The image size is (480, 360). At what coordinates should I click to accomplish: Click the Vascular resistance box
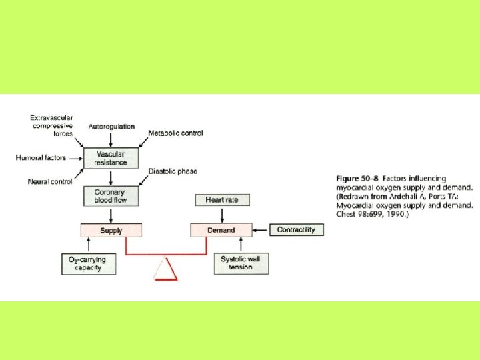pyautogui.click(x=111, y=157)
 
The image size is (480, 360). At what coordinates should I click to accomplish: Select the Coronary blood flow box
pyautogui.click(x=111, y=195)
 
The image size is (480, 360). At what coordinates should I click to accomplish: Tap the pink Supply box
pyautogui.click(x=111, y=230)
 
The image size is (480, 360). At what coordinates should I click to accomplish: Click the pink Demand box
pyautogui.click(x=221, y=230)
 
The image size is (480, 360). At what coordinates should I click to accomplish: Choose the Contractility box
pyautogui.click(x=296, y=229)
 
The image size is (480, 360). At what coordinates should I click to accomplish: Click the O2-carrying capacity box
pyautogui.click(x=88, y=263)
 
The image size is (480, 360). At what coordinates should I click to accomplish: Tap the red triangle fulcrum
pyautogui.click(x=165, y=269)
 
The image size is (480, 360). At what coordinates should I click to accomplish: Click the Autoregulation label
pyautogui.click(x=111, y=126)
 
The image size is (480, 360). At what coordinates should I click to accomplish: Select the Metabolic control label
pyautogui.click(x=175, y=133)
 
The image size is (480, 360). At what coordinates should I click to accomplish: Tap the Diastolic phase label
pyautogui.click(x=173, y=171)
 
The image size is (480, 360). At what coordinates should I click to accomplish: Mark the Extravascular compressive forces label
pyautogui.click(x=51, y=125)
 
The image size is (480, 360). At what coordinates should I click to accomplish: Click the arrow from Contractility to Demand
pyautogui.click(x=261, y=230)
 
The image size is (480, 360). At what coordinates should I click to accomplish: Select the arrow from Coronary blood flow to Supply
pyautogui.click(x=111, y=215)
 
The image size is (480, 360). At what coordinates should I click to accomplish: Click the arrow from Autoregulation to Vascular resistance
pyautogui.click(x=111, y=139)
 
